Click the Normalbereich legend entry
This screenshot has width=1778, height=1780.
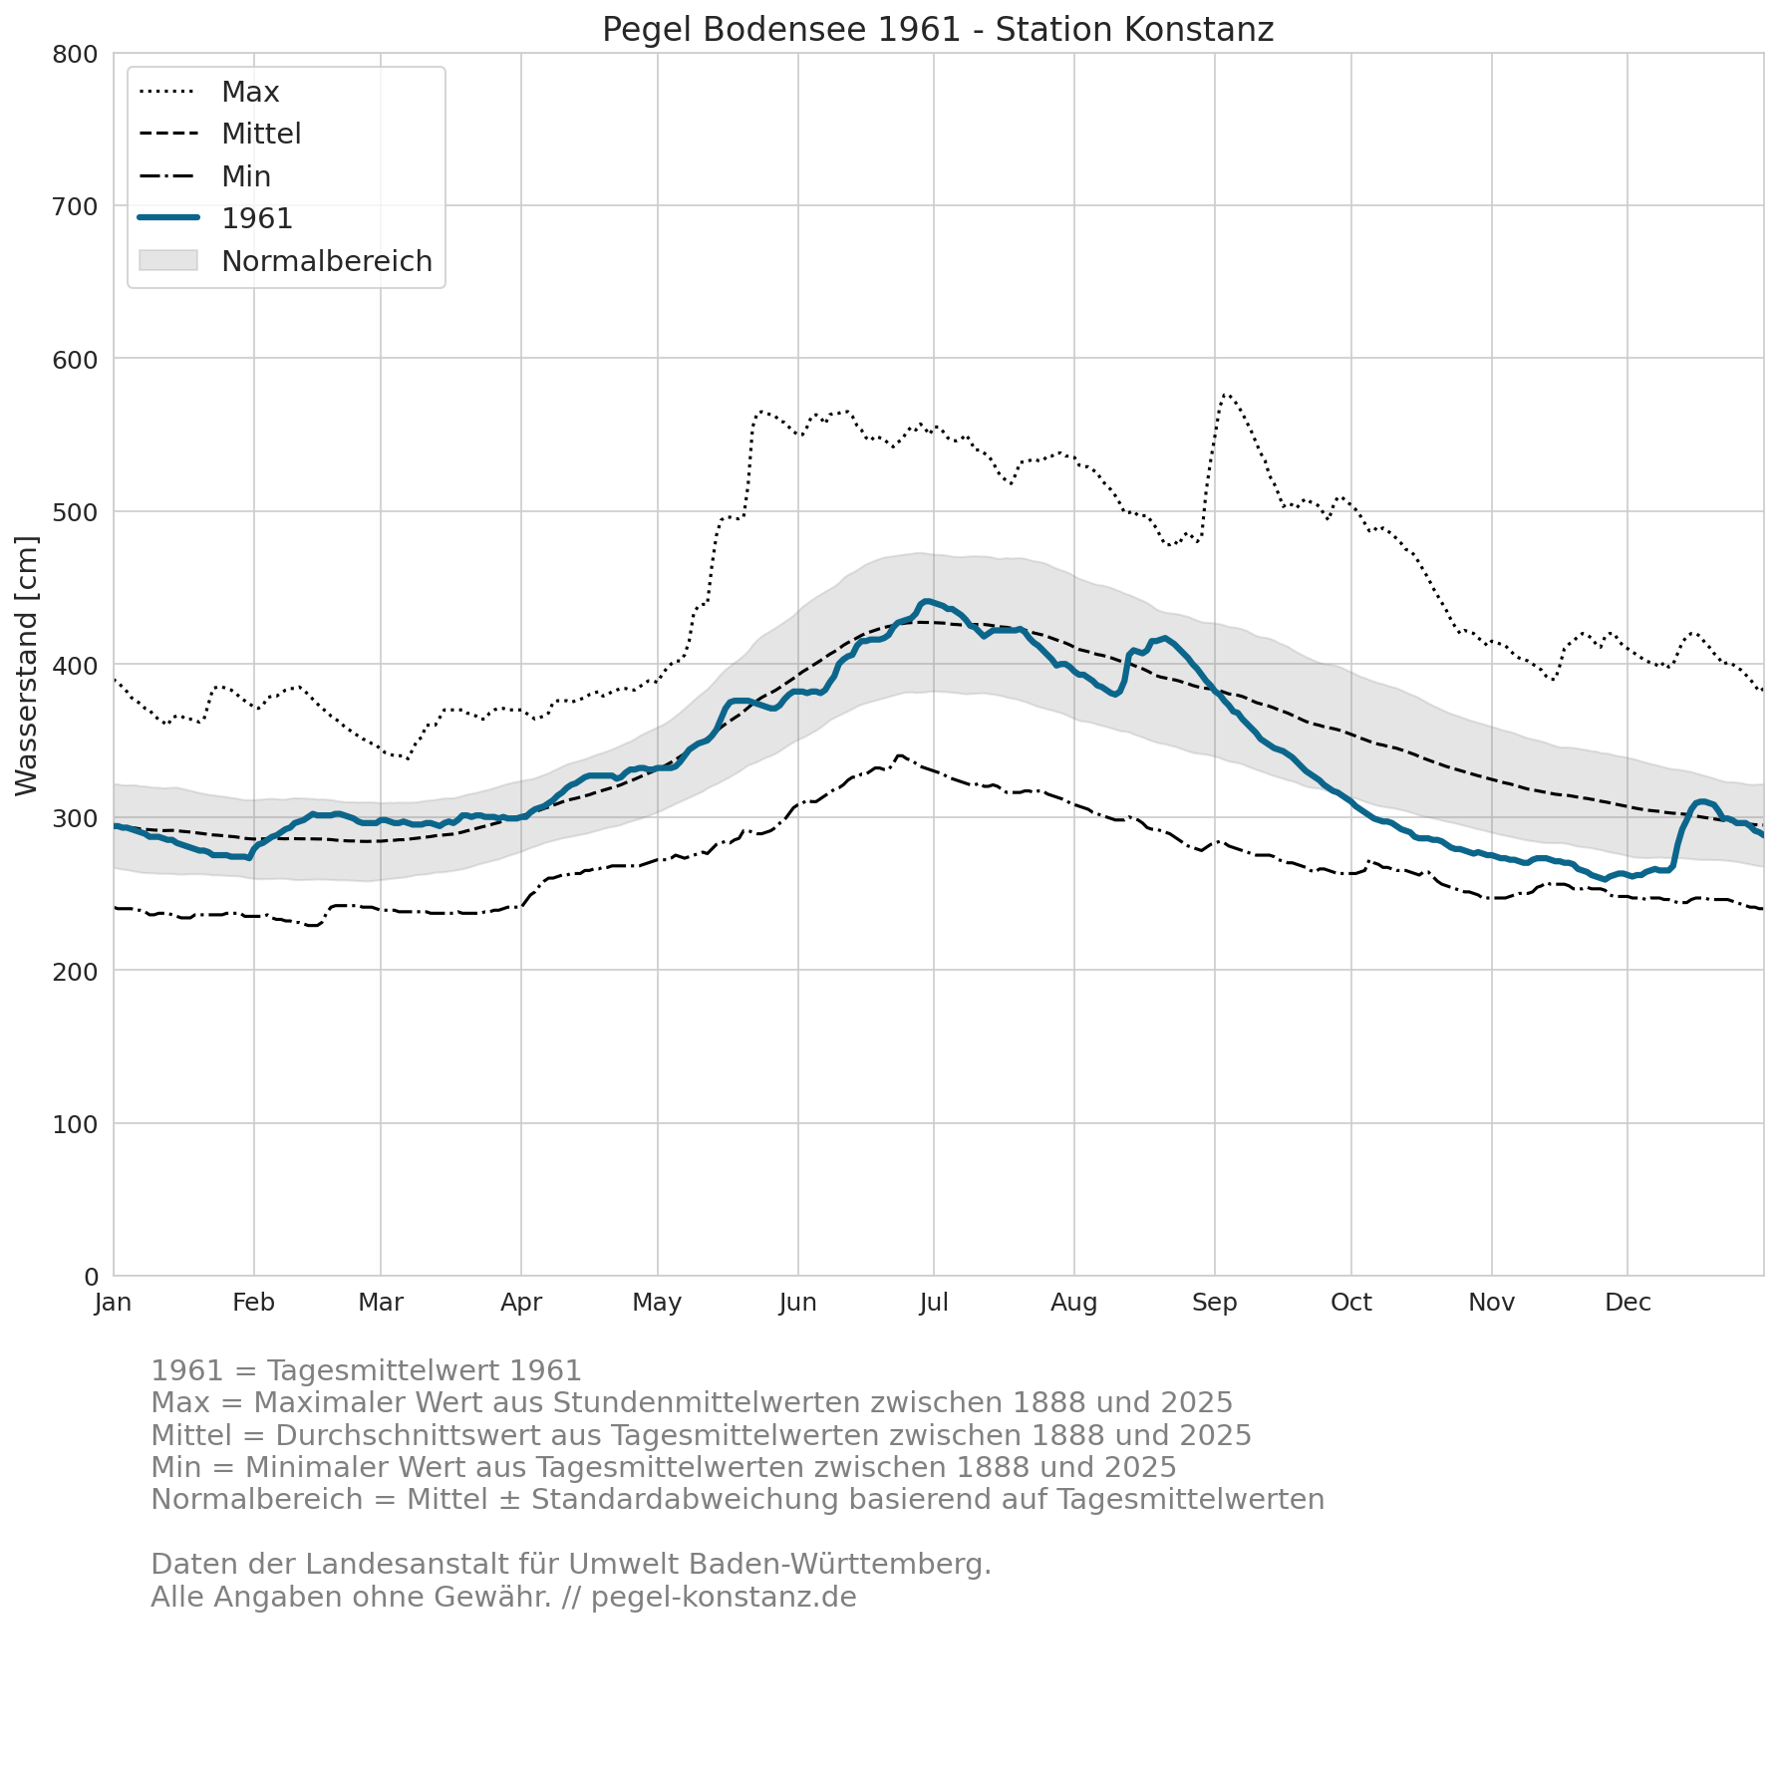[285, 261]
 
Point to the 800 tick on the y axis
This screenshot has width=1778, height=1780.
[75, 54]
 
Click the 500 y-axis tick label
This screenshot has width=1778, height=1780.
[75, 512]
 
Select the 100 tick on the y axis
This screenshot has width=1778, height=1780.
[75, 1124]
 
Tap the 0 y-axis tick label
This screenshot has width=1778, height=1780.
[91, 1277]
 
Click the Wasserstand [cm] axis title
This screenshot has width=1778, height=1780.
[27, 666]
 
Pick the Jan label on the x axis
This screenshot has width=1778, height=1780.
[114, 1303]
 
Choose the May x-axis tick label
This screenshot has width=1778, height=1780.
[658, 1303]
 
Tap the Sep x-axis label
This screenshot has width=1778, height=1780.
[1215, 1303]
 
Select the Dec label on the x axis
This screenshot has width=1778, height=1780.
[1628, 1303]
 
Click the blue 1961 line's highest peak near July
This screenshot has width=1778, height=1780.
[927, 601]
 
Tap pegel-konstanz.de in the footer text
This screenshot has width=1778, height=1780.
[724, 1598]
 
